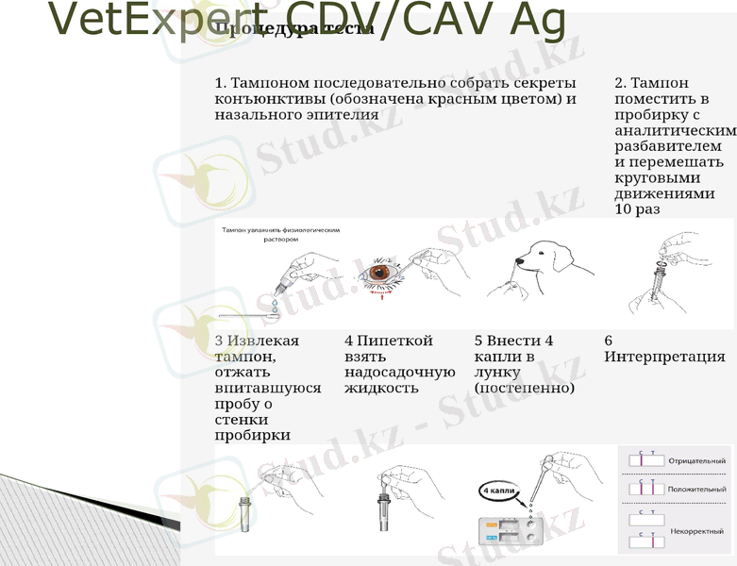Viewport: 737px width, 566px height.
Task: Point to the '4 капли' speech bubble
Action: coord(496,491)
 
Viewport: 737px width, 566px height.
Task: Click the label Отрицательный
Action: coord(696,460)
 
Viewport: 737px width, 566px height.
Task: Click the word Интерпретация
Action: coord(664,357)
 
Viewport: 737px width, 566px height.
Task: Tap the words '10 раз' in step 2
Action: coord(637,209)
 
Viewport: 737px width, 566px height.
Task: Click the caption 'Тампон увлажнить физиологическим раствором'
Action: coord(280,234)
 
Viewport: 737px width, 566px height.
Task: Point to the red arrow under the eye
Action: coord(381,294)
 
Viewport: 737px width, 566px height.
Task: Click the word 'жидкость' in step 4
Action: coord(381,388)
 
